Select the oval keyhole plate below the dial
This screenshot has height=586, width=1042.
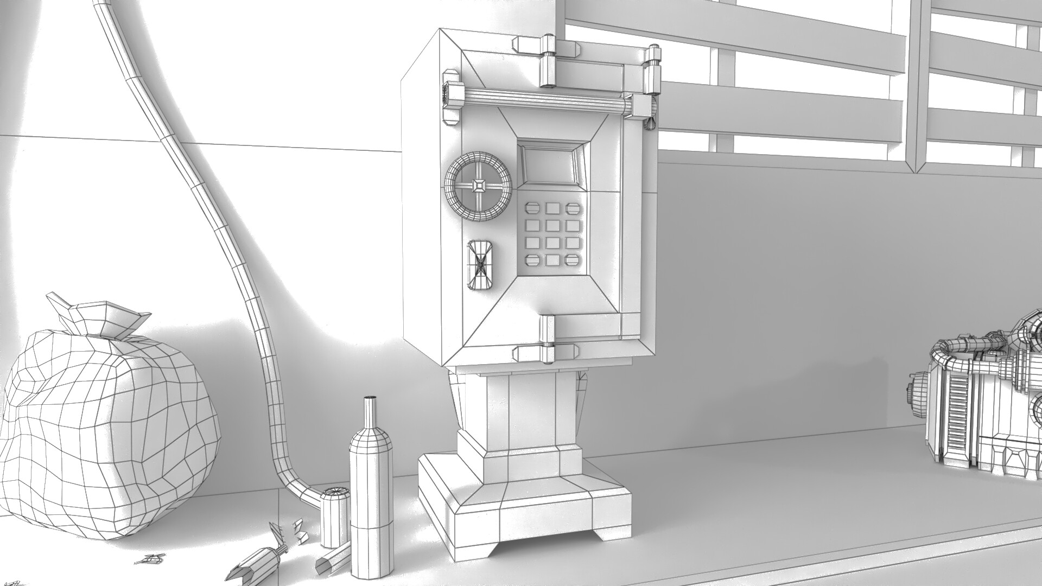480,264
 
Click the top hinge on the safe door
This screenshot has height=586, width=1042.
547,61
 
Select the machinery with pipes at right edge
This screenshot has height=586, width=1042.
982,402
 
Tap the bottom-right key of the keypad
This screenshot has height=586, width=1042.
571,260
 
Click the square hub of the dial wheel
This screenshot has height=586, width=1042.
479,186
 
